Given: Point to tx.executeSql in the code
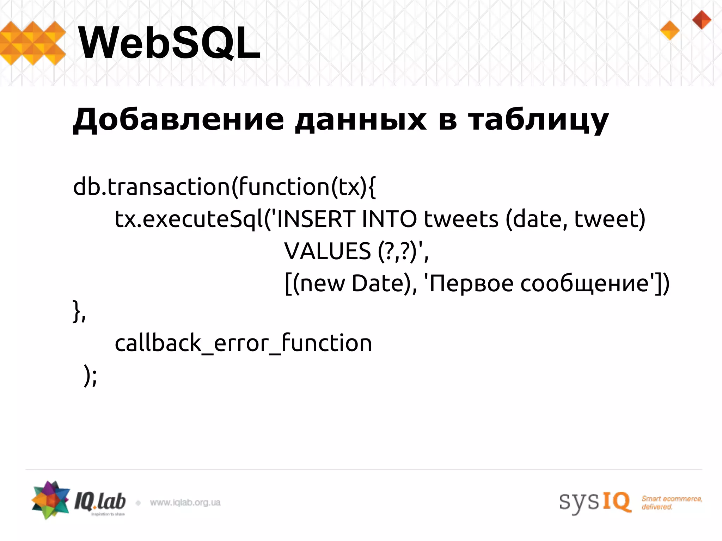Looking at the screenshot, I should (x=189, y=219).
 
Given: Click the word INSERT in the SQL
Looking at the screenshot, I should (x=316, y=219).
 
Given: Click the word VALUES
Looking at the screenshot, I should (x=328, y=251).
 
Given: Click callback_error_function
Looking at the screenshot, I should (x=243, y=343).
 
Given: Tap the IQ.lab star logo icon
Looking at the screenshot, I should (x=50, y=499).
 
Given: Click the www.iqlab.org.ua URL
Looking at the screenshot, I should (x=185, y=503).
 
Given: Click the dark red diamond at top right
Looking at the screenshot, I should (x=702, y=20).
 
